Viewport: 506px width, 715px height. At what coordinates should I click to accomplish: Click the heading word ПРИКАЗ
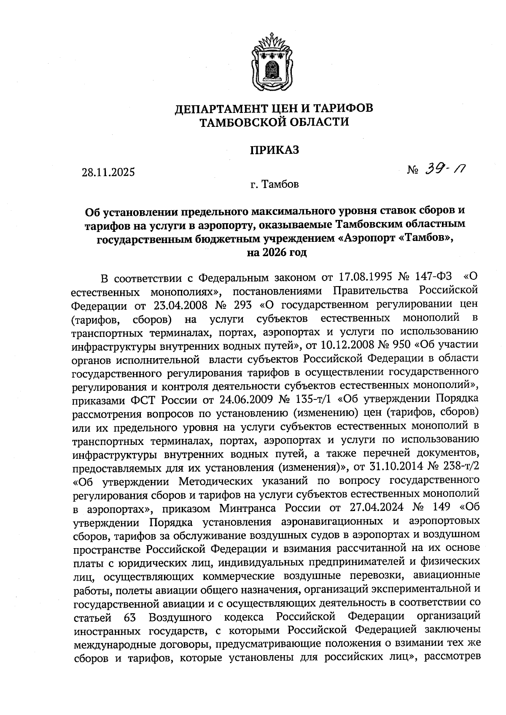[275, 150]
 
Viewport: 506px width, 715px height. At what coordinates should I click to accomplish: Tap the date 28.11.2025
[108, 172]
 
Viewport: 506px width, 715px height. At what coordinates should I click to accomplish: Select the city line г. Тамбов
[274, 185]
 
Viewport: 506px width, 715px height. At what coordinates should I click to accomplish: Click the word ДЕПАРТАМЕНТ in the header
[226, 109]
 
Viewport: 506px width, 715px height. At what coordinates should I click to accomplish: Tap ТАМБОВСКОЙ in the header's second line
[240, 123]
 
